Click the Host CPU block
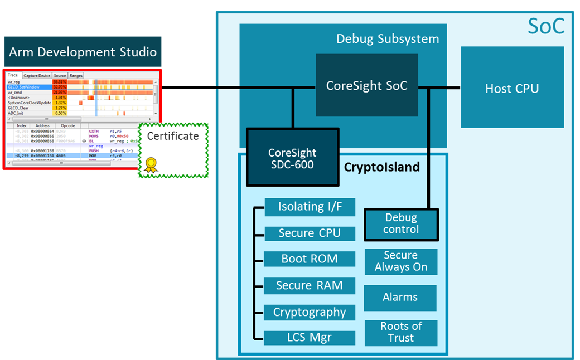(512, 87)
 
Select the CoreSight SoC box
(366, 85)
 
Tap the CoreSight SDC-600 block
(292, 158)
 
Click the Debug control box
(401, 223)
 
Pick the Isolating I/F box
(310, 207)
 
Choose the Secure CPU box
(310, 233)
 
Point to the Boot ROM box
(310, 259)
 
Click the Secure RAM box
(310, 286)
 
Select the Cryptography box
(310, 312)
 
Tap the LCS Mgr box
(310, 338)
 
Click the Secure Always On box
(400, 261)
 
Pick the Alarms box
(400, 298)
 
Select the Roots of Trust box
(400, 333)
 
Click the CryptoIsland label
(381, 167)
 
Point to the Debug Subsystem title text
(388, 39)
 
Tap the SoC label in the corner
(545, 26)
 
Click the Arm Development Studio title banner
(83, 52)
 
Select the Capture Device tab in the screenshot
(37, 76)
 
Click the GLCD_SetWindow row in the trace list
(28, 87)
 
